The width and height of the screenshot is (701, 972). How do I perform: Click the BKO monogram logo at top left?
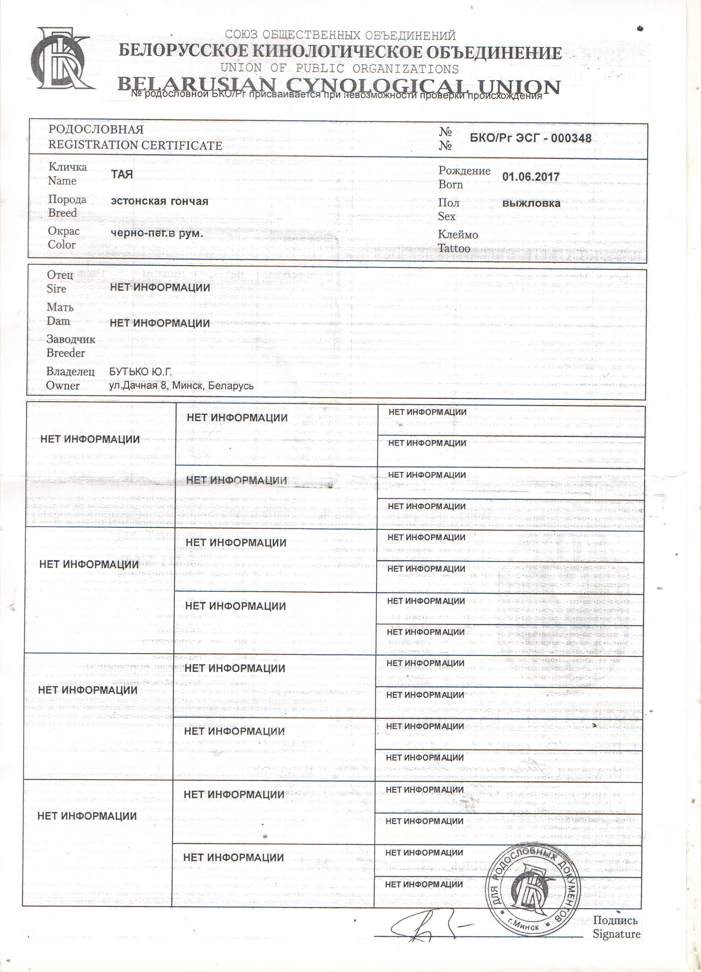[x=61, y=59]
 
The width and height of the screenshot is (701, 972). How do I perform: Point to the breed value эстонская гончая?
[x=159, y=201]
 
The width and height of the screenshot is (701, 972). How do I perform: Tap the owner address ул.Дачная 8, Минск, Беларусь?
[x=181, y=386]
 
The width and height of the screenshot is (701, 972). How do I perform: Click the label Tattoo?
[x=454, y=248]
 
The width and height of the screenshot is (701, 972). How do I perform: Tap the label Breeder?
[x=65, y=353]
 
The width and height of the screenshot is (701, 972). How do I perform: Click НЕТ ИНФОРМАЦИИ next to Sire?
[x=160, y=288]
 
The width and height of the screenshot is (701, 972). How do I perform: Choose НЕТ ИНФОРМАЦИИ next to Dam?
[x=160, y=323]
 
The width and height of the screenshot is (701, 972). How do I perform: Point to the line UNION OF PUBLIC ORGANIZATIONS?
[x=339, y=69]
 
